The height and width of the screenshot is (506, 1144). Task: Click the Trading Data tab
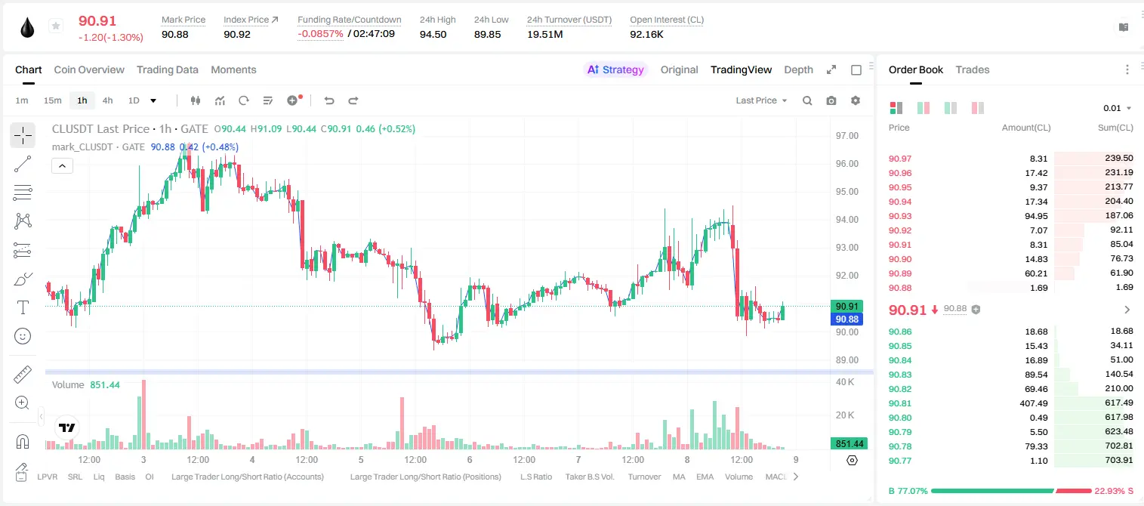[167, 69]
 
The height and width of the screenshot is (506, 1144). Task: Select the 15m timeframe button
[52, 100]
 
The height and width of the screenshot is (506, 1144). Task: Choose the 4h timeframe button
[107, 100]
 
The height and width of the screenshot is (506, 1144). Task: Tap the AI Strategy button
[615, 69]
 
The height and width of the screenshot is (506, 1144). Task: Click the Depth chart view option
[798, 69]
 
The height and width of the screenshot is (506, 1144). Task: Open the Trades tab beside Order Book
[973, 69]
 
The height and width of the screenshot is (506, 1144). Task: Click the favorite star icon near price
[56, 26]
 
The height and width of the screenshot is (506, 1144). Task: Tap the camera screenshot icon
[831, 100]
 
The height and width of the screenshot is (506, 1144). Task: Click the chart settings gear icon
[856, 100]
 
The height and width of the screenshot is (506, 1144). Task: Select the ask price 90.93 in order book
[899, 216]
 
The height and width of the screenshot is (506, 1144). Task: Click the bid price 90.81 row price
[899, 403]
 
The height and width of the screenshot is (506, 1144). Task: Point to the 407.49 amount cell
[1033, 403]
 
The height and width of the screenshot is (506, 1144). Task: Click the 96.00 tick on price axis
[846, 164]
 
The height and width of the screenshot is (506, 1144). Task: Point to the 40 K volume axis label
[845, 382]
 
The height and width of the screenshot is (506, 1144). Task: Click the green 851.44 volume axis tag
[849, 444]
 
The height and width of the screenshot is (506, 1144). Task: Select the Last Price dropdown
[761, 100]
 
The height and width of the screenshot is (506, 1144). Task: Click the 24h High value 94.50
[433, 34]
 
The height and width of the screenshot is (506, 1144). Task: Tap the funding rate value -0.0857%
[320, 34]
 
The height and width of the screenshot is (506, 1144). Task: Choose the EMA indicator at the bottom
[705, 477]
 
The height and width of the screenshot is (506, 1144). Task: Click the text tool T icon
[23, 307]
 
